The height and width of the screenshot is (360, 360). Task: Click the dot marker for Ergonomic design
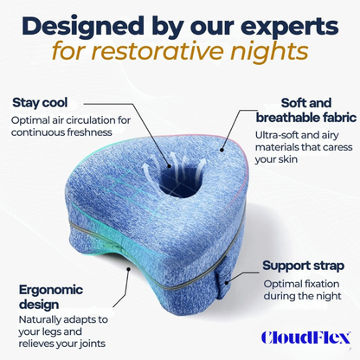(x=128, y=268)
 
